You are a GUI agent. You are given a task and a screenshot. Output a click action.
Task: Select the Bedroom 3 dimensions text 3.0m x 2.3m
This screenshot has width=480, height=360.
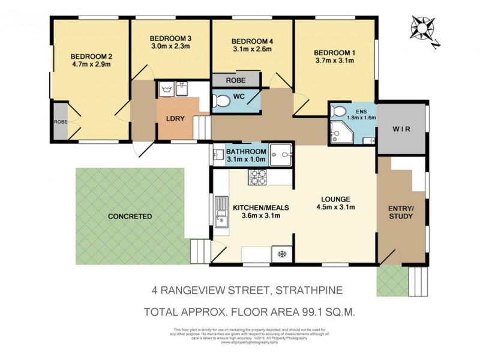click(x=170, y=46)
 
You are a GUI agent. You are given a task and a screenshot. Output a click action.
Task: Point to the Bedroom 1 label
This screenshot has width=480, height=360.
click(x=335, y=51)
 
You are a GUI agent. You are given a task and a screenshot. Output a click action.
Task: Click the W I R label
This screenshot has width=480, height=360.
click(x=401, y=129)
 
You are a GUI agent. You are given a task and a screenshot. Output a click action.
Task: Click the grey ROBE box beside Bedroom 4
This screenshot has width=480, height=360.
click(x=236, y=80)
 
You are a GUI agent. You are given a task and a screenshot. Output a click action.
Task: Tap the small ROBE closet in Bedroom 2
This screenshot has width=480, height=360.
click(x=59, y=121)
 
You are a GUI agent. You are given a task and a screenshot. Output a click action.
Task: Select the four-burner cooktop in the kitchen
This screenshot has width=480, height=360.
click(x=258, y=177)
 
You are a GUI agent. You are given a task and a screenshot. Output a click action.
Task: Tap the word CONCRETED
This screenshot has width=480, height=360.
click(x=130, y=217)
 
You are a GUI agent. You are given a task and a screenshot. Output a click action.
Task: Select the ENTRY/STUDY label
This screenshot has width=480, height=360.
click(x=401, y=212)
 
